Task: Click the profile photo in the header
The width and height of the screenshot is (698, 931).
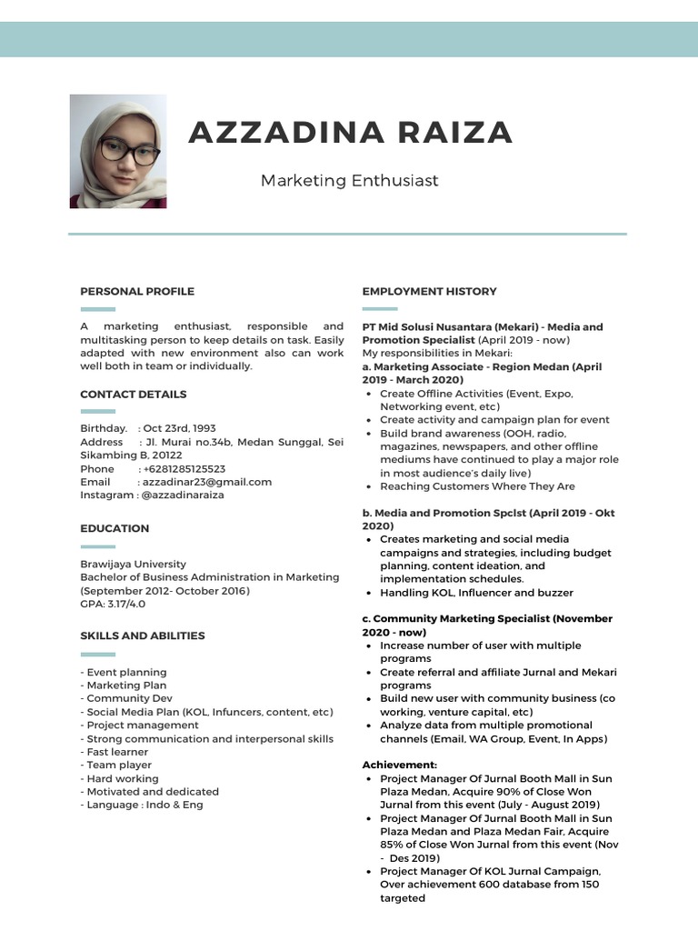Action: point(117,151)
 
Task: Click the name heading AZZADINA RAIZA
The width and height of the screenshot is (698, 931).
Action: point(350,133)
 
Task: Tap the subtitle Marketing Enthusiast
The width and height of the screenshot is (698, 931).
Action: point(349,180)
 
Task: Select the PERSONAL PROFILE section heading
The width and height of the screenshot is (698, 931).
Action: point(137,291)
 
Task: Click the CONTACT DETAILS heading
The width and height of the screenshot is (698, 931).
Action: point(134,394)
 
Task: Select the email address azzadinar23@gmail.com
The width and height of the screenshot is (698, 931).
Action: point(204,482)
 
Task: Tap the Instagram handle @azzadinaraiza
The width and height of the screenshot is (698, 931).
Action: point(182,495)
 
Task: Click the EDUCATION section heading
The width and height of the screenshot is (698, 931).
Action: point(115,528)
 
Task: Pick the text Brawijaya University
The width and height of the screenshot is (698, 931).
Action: point(133,564)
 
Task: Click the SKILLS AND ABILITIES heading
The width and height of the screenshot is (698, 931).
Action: point(143,636)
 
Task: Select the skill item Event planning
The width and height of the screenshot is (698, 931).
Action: point(125,672)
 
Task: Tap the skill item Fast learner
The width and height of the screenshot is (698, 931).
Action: point(117,752)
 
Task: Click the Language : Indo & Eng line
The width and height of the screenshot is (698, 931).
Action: point(144,805)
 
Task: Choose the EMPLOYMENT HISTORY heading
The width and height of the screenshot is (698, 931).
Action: point(429,291)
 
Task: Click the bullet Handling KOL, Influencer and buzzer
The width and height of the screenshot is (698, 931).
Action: point(476,592)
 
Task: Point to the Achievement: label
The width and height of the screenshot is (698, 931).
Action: point(399,765)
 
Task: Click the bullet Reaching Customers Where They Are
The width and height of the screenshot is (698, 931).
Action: point(477,486)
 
